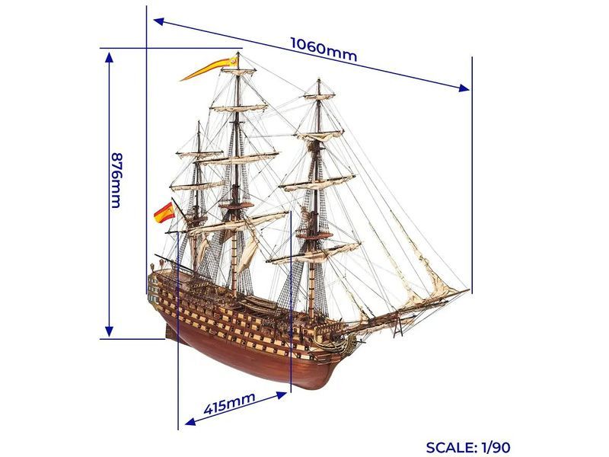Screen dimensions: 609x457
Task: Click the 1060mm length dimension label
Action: click(x=324, y=50)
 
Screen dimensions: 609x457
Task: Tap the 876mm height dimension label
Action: click(x=116, y=180)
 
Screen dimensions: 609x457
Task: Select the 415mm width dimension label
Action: click(x=229, y=403)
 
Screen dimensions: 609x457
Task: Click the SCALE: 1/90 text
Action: click(x=468, y=447)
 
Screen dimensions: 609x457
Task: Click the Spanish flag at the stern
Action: click(x=164, y=213)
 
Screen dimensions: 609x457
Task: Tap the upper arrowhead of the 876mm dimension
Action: click(x=109, y=58)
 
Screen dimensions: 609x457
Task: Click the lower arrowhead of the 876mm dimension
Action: click(x=109, y=331)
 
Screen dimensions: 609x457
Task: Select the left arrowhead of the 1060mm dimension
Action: click(x=159, y=21)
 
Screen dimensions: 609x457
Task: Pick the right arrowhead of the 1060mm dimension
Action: click(x=464, y=88)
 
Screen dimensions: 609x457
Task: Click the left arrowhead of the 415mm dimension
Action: click(x=190, y=422)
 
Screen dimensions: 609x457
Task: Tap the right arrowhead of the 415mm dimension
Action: click(x=282, y=395)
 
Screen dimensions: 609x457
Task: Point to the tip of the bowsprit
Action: click(x=469, y=290)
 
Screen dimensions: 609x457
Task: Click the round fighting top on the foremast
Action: click(x=315, y=235)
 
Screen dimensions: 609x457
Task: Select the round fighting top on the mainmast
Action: click(x=235, y=205)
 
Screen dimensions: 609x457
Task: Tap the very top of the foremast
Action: click(x=319, y=80)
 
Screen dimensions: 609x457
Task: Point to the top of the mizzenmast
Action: click(x=199, y=122)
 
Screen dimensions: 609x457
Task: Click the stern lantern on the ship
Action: click(x=152, y=267)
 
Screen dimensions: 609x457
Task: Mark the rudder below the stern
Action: click(x=169, y=331)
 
